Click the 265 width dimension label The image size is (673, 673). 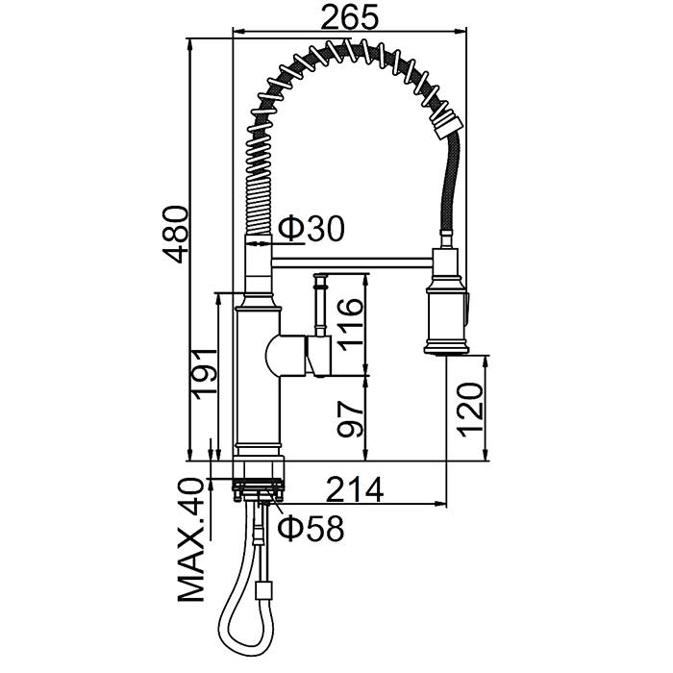(350, 17)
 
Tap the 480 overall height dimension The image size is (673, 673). (176, 235)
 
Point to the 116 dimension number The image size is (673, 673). (350, 325)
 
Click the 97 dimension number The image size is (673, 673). (350, 419)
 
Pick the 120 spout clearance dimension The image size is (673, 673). (471, 410)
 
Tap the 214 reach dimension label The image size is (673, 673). (355, 489)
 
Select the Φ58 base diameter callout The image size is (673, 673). (311, 528)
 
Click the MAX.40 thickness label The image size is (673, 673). (190, 540)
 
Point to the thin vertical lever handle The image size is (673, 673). (320, 305)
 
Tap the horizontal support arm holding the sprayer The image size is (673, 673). (352, 262)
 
